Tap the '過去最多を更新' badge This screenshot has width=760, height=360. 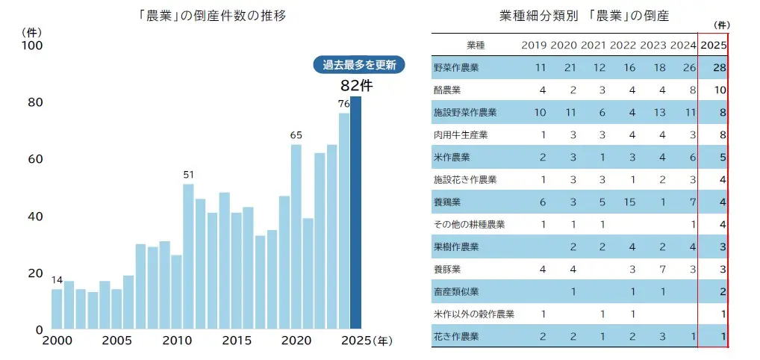point(358,65)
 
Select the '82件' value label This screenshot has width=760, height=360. point(356,86)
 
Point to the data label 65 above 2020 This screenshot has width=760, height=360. point(296,135)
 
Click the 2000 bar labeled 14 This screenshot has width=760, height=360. point(57,309)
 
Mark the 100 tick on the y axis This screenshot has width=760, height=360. point(34,46)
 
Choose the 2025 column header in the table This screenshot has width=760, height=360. point(714,46)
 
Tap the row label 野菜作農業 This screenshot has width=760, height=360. point(456,68)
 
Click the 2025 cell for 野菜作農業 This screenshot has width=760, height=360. point(719,68)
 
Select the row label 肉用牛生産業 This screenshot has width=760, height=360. point(461,135)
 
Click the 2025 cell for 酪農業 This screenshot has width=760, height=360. point(719,90)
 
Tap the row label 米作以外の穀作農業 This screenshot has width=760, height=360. point(474,314)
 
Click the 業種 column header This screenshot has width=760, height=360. point(475,46)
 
